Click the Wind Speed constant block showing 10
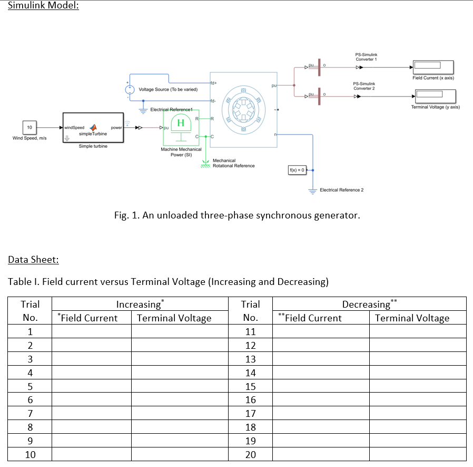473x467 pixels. pyautogui.click(x=29, y=128)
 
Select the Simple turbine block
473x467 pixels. pyautogui.click(x=93, y=128)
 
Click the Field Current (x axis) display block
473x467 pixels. pyautogui.click(x=432, y=67)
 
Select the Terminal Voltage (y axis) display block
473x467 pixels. pyautogui.click(x=435, y=96)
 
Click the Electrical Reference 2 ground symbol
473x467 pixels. pyautogui.click(x=313, y=190)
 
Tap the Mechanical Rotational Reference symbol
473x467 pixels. pyautogui.click(x=206, y=165)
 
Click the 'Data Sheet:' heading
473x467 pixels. pyautogui.click(x=33, y=259)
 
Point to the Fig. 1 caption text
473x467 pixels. pyautogui.click(x=236, y=215)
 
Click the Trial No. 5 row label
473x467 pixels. pyautogui.click(x=30, y=386)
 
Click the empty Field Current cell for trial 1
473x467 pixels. pyautogui.click(x=92, y=332)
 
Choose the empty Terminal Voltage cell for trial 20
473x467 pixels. pyautogui.click(x=417, y=454)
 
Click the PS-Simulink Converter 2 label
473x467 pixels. pyautogui.click(x=364, y=85)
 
